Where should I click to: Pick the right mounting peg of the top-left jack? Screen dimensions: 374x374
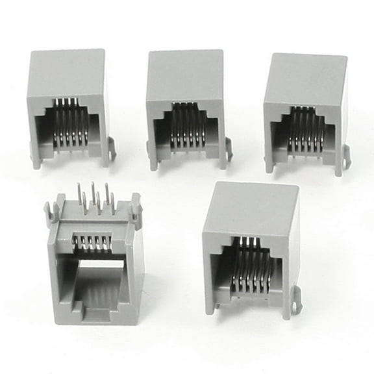(112, 150)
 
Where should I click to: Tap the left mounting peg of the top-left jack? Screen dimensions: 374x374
(35, 159)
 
